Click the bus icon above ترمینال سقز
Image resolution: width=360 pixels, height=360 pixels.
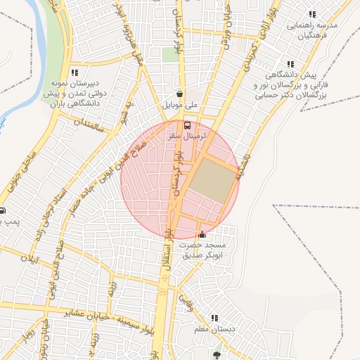click(x=188, y=125)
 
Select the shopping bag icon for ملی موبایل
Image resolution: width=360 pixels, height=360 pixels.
click(x=181, y=94)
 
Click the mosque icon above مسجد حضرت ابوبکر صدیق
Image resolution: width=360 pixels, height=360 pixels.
click(x=203, y=234)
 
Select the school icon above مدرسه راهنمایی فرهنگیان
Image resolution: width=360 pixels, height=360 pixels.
click(x=312, y=14)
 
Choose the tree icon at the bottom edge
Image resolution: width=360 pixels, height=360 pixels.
click(x=216, y=355)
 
